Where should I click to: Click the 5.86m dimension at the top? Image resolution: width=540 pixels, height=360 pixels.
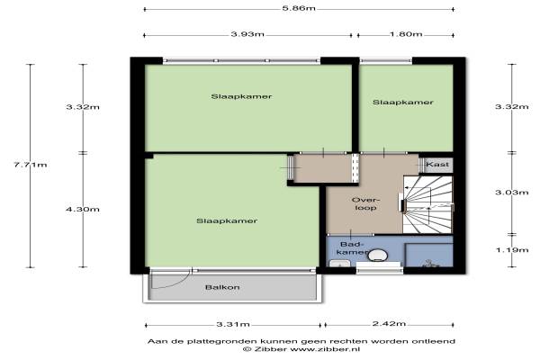(299, 8)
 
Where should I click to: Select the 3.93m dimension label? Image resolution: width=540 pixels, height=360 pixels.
(247, 34)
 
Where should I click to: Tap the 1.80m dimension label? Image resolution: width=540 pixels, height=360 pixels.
(406, 34)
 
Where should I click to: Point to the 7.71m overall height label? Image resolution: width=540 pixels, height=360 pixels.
(31, 165)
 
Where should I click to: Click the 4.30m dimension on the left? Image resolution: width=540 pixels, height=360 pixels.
(83, 209)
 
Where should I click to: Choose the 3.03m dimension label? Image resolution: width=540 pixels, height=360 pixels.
(512, 193)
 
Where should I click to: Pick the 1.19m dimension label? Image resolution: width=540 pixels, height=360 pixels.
(512, 250)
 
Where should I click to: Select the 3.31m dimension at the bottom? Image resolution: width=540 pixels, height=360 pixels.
(233, 324)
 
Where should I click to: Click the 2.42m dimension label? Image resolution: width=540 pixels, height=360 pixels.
(389, 323)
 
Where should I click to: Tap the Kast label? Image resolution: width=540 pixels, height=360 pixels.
(437, 165)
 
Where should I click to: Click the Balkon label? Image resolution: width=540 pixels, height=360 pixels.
(222, 287)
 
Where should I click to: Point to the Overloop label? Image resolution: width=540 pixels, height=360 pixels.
(365, 204)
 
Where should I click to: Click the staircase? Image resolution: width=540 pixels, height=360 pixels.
(427, 204)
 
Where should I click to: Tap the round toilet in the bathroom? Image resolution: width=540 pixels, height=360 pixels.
(377, 256)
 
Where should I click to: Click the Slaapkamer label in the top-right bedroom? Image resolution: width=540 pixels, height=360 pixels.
(403, 103)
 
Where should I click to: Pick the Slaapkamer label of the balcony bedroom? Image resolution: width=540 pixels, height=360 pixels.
(227, 220)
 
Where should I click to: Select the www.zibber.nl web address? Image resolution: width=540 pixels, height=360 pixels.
(325, 349)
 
